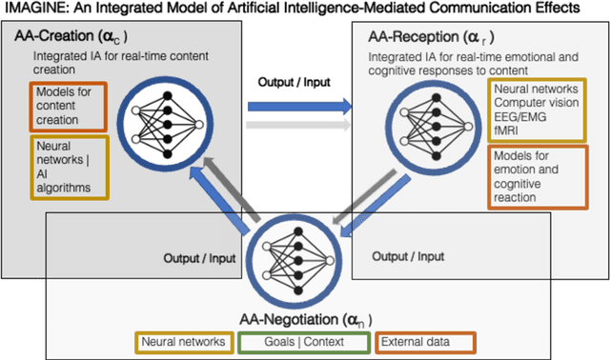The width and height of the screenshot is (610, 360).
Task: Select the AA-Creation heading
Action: (72, 37)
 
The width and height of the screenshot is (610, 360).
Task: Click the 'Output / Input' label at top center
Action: (295, 81)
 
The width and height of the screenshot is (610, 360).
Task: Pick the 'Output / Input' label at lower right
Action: (408, 257)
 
